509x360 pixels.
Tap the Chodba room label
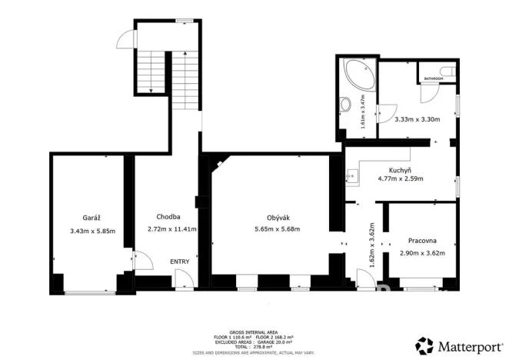pos(168,217)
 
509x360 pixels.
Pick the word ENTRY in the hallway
pos(179,262)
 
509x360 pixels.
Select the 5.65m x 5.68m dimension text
pos(277,229)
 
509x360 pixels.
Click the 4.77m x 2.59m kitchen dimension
pos(400,178)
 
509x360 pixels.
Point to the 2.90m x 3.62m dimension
pos(422,253)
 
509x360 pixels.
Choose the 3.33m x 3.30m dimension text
pos(417,119)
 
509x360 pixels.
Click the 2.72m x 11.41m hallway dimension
pos(172,229)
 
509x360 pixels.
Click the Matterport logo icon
pos(424,343)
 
